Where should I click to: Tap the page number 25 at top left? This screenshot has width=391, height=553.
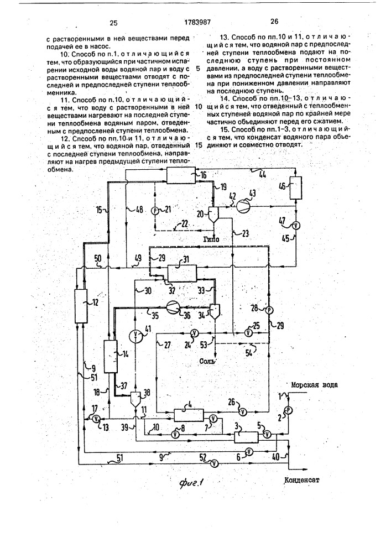click(113, 23)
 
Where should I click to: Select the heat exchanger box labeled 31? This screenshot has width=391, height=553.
click(181, 273)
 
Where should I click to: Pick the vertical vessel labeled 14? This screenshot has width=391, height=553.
click(110, 356)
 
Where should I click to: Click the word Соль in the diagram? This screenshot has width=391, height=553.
click(207, 362)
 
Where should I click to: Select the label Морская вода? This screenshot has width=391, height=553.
click(314, 384)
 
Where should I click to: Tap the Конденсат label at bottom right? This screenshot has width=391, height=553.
click(301, 480)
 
